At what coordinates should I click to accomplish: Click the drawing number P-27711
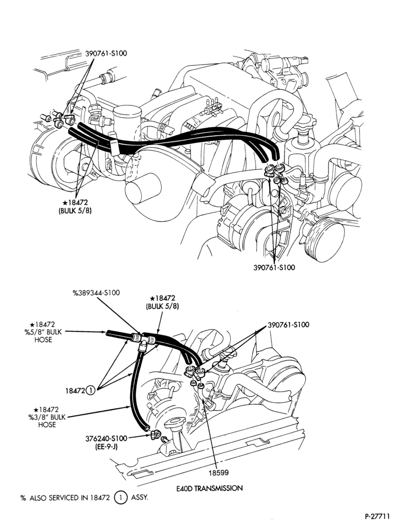[x=377, y=516]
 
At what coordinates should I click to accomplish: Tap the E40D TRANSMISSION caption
[x=210, y=488]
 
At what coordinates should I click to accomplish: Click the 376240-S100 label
[x=107, y=438]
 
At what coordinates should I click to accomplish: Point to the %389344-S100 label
[x=97, y=293]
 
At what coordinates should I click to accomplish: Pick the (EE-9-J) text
[x=107, y=446]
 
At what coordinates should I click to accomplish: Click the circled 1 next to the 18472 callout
[x=91, y=391]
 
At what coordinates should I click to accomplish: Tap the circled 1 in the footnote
[x=120, y=498]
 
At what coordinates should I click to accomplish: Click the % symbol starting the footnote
[x=23, y=498]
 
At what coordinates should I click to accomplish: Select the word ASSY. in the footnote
[x=140, y=498]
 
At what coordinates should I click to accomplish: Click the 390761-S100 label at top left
[x=106, y=54]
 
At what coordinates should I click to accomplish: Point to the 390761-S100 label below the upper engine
[x=274, y=267]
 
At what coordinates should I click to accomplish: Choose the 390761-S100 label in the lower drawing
[x=288, y=325]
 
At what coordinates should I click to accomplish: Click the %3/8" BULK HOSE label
[x=46, y=417]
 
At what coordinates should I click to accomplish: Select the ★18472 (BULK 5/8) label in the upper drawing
[x=75, y=206]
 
